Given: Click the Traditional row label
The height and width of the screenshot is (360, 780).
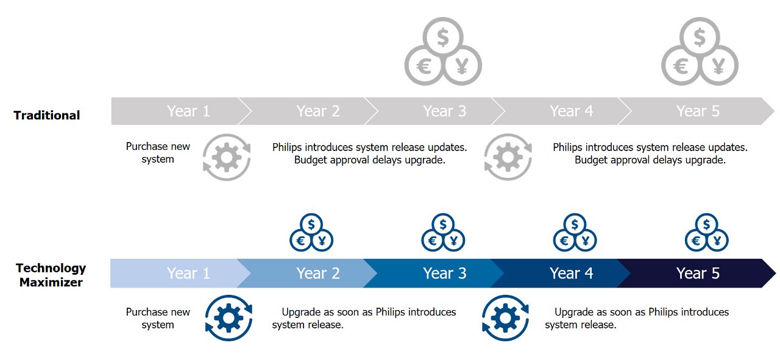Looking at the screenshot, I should [47, 115].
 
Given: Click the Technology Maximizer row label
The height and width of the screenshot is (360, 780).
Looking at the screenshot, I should [51, 275].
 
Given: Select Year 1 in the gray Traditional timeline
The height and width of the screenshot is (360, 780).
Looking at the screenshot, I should [188, 111].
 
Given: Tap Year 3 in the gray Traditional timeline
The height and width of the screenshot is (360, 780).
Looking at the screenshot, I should [445, 111].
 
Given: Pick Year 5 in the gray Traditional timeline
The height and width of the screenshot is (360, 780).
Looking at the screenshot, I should [698, 111].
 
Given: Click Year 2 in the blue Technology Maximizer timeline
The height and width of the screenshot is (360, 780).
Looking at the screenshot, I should [317, 274].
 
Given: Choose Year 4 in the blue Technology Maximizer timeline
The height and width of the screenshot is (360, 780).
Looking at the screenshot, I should [571, 274].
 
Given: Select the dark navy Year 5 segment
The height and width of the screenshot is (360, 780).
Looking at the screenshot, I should [698, 274].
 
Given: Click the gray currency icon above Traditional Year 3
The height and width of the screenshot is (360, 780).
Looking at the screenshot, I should [443, 52].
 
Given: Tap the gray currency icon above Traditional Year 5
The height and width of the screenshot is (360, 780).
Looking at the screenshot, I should [700, 52].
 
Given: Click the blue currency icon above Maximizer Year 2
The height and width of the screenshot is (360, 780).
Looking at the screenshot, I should [311, 233].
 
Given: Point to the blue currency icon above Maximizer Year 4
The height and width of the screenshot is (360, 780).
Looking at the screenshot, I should [575, 233].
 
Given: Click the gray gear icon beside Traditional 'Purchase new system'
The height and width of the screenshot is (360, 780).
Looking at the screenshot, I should [227, 158].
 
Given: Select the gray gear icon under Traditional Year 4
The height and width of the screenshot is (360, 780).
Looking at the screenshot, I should [508, 158].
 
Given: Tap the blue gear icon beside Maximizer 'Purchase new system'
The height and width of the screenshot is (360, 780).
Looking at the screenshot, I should [229, 318].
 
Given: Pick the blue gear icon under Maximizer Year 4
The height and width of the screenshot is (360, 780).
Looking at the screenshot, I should [505, 318].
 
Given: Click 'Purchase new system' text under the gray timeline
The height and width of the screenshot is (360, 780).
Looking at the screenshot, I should [158, 153].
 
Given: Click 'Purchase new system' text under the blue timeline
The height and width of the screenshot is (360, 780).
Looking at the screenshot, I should [158, 319].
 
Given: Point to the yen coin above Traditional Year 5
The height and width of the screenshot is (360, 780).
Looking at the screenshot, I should [718, 65].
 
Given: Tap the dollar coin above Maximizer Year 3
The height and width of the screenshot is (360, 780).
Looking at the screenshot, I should [443, 224].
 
